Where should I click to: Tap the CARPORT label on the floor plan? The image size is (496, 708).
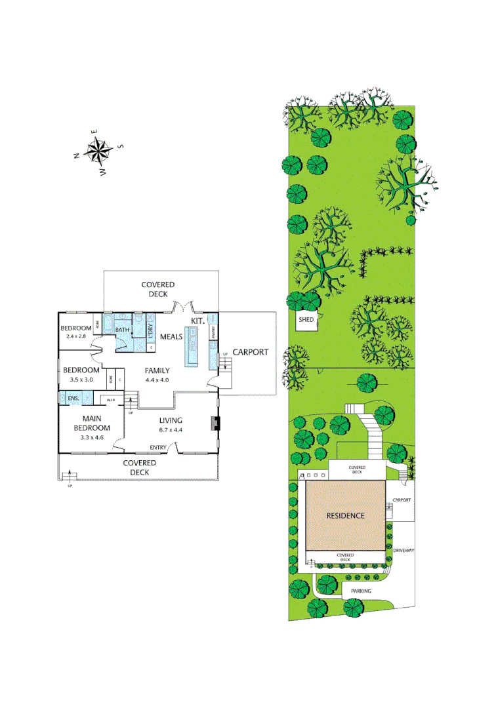pos(250,352)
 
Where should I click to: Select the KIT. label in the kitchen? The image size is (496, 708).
pos(198,320)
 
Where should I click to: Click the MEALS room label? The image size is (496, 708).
pos(172,337)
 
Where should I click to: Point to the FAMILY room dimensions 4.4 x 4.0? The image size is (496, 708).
pos(157,380)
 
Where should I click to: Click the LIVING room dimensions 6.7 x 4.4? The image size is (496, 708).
pos(170,430)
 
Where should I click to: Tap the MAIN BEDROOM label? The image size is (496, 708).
pos(96,423)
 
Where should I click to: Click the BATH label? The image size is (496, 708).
pos(122,329)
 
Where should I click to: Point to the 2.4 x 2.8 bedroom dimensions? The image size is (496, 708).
pos(77,336)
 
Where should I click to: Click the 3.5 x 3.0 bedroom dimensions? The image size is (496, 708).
pos(81,380)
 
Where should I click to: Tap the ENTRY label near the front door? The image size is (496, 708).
pos(158,447)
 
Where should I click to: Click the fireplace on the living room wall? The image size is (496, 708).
pos(214,423)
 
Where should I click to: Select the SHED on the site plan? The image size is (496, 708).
pos(307,321)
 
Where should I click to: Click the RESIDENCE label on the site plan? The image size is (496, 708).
pos(345,515)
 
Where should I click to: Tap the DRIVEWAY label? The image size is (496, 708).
pos(402,550)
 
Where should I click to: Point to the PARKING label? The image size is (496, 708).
pos(360,591)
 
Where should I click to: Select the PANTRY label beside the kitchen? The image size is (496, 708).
pos(214,332)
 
